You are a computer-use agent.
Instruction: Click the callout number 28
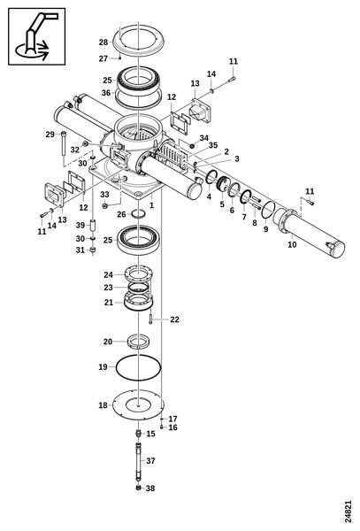point(103,42)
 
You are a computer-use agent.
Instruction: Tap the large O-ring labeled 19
point(116,367)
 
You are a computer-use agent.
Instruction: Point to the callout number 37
point(150,460)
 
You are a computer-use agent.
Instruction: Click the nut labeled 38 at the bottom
point(138,488)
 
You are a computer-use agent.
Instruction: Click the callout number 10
point(292,244)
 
